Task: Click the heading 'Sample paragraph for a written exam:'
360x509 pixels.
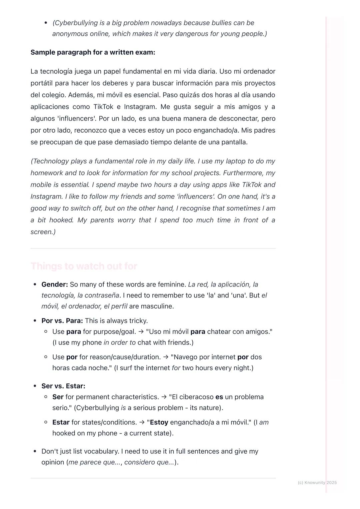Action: [x=93, y=52]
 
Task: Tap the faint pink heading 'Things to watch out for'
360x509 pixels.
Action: [x=84, y=266]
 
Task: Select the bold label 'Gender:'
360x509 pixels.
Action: [x=55, y=284]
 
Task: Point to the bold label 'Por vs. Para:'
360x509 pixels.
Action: [x=62, y=321]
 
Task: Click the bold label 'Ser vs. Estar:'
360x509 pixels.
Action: [x=63, y=386]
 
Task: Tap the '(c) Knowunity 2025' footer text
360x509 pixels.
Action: [x=317, y=482]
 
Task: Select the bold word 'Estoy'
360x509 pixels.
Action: [x=159, y=422]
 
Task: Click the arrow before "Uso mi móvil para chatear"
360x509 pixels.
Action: [x=141, y=332]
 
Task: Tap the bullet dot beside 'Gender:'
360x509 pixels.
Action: [x=35, y=284]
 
